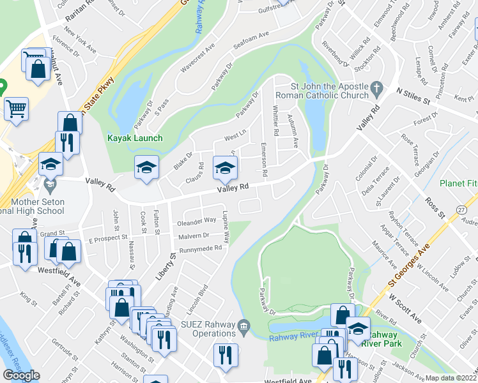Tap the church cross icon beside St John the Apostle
pyautogui.click(x=376, y=87)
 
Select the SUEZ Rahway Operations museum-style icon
pyautogui.click(x=243, y=327)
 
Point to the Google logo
pyautogui.click(x=21, y=375)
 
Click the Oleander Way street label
pyautogui.click(x=197, y=221)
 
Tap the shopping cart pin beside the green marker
pyautogui.click(x=16, y=108)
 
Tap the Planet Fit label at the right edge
pyautogui.click(x=459, y=183)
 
